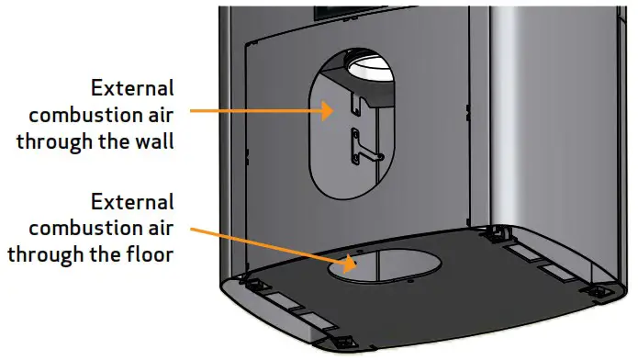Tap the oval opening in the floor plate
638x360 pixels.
(x=386, y=264)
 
